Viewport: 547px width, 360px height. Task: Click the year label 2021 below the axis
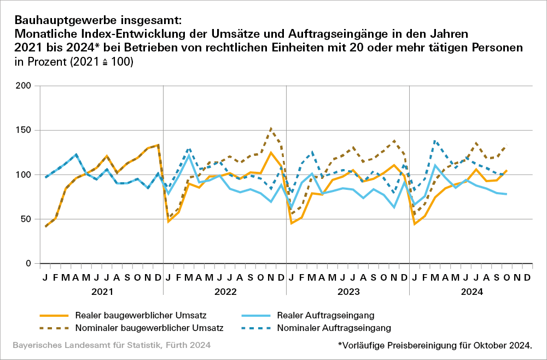pyautogui.click(x=102, y=292)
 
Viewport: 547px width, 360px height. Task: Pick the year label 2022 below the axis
pyautogui.click(x=225, y=292)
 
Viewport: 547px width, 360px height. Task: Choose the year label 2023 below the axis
pyautogui.click(x=347, y=292)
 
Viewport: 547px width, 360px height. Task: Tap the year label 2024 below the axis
pyautogui.click(x=470, y=292)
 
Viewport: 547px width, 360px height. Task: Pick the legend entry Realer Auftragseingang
pyautogui.click(x=325, y=315)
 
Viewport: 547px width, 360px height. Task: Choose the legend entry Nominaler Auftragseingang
pyautogui.click(x=334, y=328)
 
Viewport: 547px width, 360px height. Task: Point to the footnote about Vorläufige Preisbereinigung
pyautogui.click(x=435, y=345)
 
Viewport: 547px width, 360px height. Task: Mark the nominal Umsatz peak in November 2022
pyautogui.click(x=271, y=129)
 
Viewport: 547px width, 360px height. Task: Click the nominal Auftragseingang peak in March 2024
pyautogui.click(x=435, y=141)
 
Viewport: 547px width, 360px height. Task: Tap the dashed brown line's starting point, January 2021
pyautogui.click(x=45, y=227)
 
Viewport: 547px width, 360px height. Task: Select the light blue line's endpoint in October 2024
pyautogui.click(x=506, y=194)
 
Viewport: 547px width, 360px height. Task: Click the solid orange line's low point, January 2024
pyautogui.click(x=415, y=224)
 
